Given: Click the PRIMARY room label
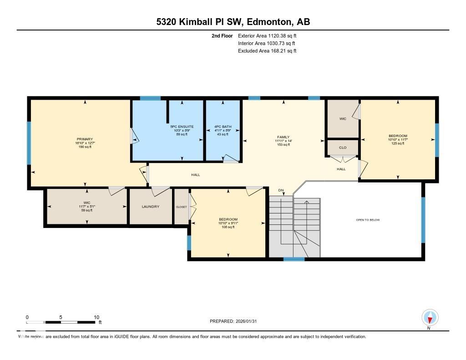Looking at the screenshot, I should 85,139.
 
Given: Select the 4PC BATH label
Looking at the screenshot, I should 222,127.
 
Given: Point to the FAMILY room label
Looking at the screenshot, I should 284,137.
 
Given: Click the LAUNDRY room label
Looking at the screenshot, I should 150,207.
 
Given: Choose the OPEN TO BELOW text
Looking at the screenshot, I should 367,220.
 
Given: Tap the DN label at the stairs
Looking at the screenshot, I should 281,190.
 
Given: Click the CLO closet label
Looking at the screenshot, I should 343,147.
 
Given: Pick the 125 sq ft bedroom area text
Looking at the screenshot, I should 398,143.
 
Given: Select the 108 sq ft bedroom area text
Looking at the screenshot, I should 228,227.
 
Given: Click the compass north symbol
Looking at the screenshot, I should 430,317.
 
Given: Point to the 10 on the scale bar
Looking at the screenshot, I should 96,317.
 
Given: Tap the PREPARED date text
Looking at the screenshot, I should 236,321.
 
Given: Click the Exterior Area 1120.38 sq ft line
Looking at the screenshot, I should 267,35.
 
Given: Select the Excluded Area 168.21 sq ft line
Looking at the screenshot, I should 267,51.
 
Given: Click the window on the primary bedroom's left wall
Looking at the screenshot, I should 29,143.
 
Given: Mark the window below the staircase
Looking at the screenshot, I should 294,259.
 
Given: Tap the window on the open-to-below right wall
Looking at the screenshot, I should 423,220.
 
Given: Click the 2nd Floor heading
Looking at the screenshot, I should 222,35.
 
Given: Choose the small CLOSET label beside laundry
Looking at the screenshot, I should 181,207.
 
